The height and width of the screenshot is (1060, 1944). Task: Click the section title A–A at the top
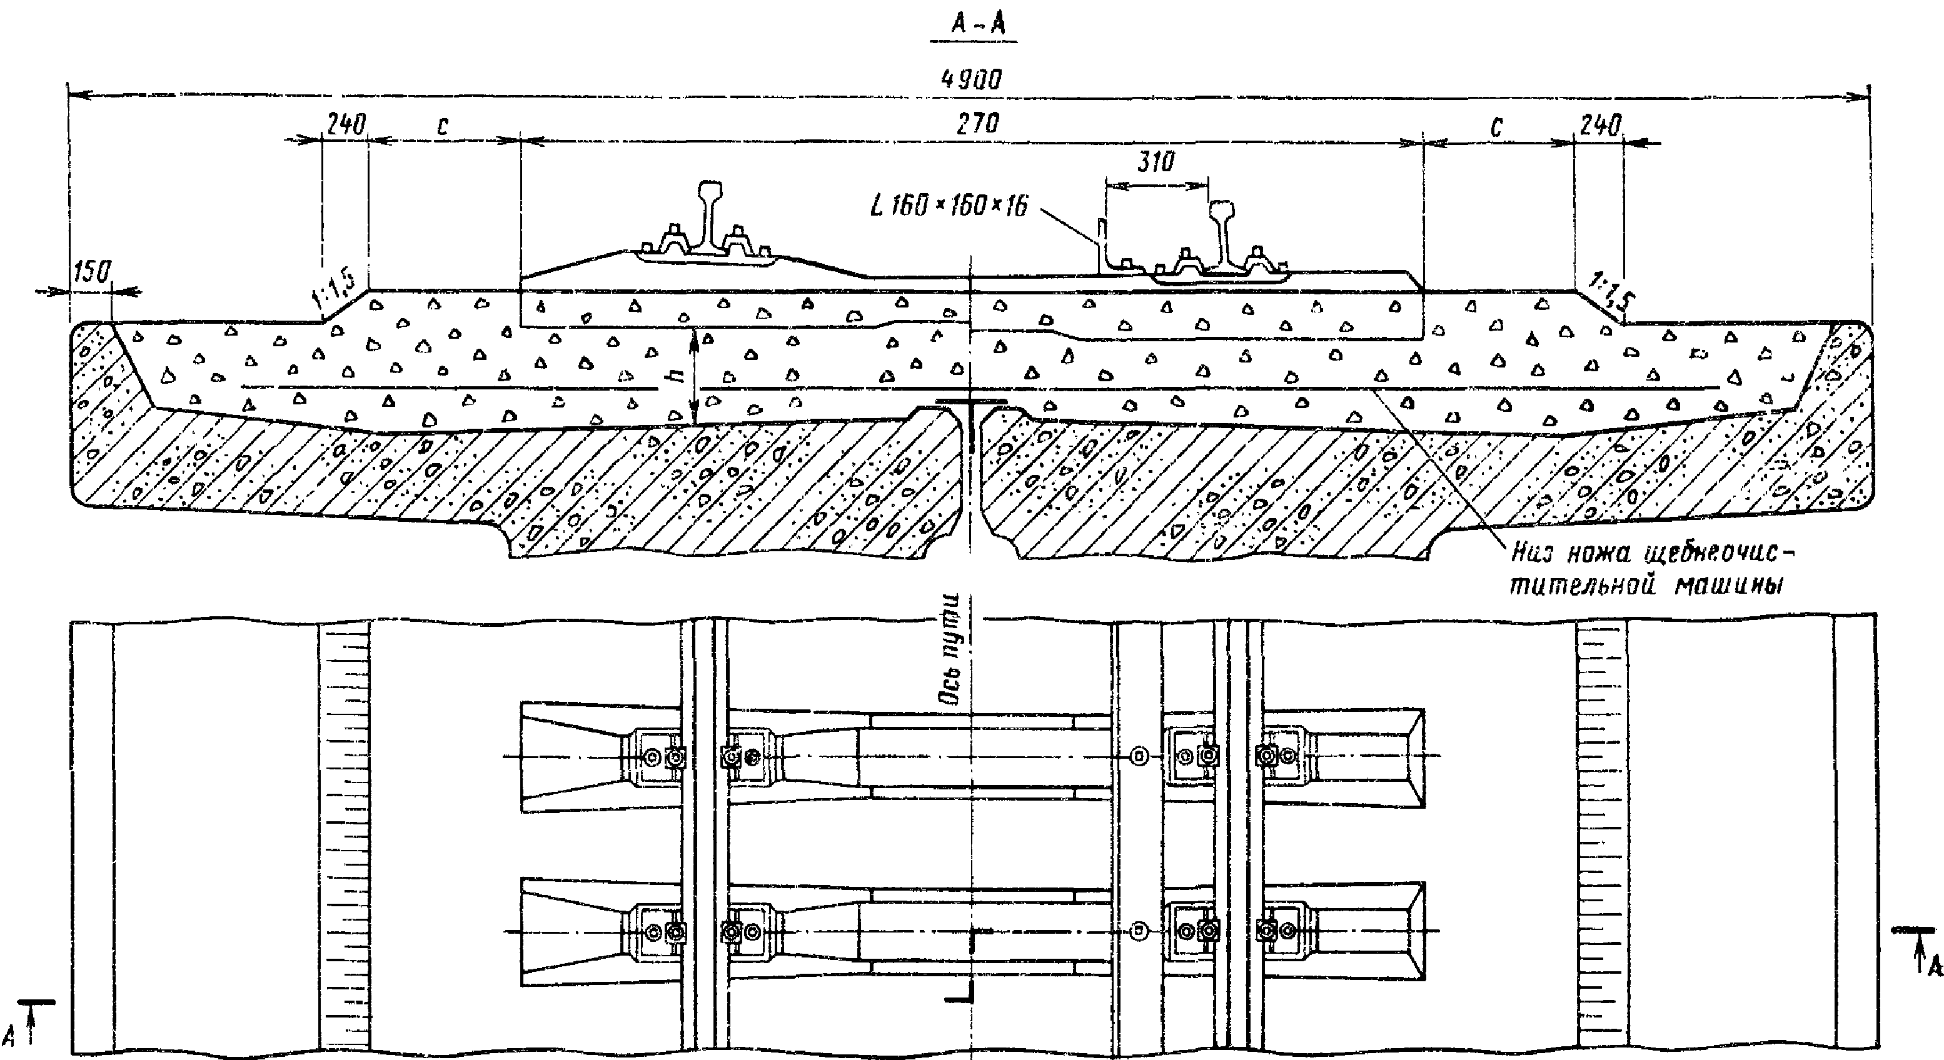[x=978, y=24]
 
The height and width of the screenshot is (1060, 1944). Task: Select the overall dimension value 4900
[x=972, y=80]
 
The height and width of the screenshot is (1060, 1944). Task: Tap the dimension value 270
[x=977, y=123]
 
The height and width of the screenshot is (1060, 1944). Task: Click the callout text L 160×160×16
[x=949, y=205]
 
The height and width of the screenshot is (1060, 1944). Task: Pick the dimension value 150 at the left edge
[x=93, y=272]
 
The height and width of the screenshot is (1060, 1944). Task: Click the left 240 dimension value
[x=346, y=124]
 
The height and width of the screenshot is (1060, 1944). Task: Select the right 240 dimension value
[x=1600, y=125]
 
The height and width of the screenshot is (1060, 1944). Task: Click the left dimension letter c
[x=442, y=127]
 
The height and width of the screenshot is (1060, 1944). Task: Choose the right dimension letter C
[x=1496, y=128]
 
